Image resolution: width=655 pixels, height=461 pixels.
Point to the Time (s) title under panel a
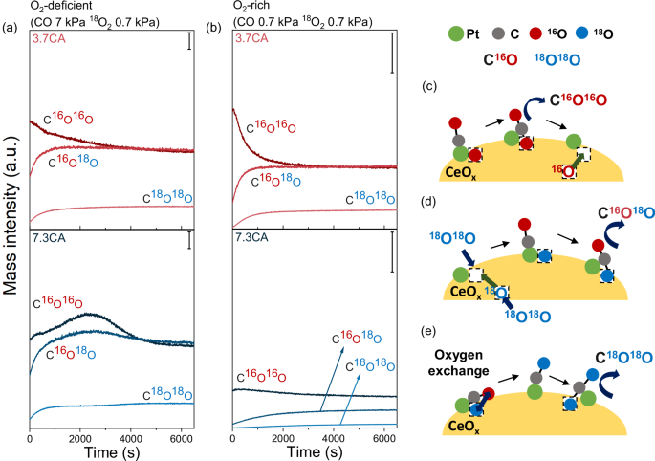coord(113,450)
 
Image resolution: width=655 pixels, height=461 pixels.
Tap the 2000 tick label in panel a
coord(85,433)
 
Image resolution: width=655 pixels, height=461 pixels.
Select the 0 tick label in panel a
coord(31,433)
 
